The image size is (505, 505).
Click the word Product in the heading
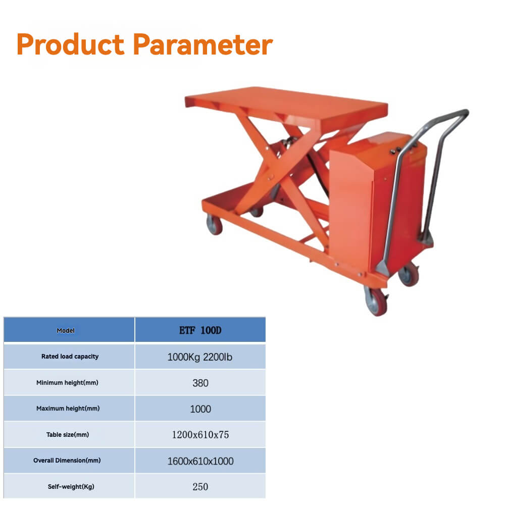(70, 44)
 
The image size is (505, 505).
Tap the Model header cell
(66, 331)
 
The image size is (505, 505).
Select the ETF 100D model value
(200, 331)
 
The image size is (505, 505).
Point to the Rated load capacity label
(70, 357)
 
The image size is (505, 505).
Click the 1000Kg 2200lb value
(200, 357)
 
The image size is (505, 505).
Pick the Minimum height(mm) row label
(67, 383)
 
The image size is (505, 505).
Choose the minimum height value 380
(200, 383)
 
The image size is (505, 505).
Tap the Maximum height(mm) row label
(68, 409)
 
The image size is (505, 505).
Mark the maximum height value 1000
(200, 409)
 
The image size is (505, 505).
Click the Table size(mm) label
(68, 435)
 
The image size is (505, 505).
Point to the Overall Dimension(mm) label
(67, 461)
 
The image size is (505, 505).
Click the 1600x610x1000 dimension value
(200, 461)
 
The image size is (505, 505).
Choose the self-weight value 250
(200, 487)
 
